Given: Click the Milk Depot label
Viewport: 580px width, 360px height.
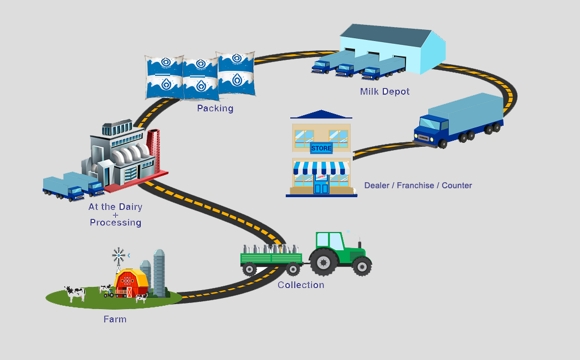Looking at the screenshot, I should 384,91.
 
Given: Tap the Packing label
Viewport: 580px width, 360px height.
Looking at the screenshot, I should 215,109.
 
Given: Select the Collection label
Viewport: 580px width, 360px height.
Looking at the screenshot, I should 301,285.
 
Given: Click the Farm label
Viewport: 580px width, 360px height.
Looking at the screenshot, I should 115,319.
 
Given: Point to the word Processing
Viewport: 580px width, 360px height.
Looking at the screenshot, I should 115,222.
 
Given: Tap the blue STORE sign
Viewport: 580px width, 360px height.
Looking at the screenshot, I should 321,148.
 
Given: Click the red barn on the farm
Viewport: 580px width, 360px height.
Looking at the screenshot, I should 129,284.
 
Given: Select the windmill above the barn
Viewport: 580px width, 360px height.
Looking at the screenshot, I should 119,256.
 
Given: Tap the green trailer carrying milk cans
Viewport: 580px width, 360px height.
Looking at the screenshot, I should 271,259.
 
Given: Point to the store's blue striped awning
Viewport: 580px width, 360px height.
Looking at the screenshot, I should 321,167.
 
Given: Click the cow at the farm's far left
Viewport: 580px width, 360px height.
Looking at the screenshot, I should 75,293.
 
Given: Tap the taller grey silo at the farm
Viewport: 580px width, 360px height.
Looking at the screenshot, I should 159,272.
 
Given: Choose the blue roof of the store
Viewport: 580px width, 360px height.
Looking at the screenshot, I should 321,114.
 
